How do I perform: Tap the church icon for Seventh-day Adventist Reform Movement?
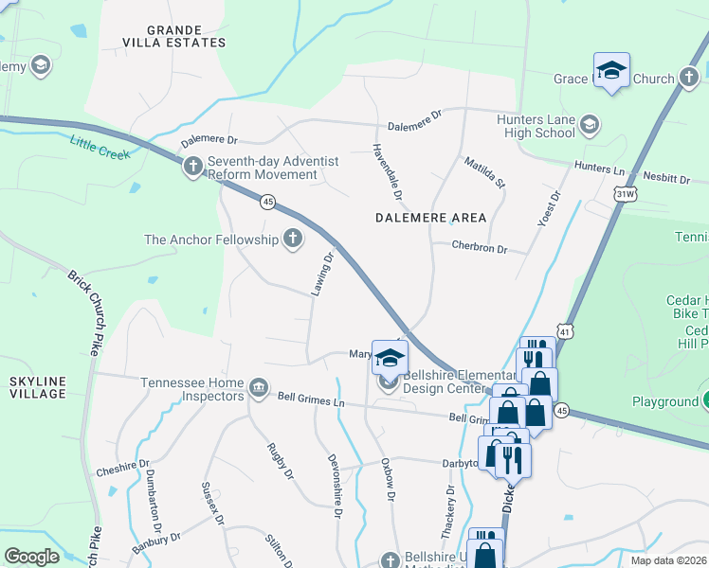[x=193, y=168]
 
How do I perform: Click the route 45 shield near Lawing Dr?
[x=268, y=202]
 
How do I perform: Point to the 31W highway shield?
[x=625, y=194]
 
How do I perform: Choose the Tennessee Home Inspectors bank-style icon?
[x=258, y=388]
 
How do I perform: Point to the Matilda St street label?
[x=485, y=172]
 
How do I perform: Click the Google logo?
[x=31, y=557]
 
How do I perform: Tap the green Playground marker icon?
[x=705, y=401]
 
